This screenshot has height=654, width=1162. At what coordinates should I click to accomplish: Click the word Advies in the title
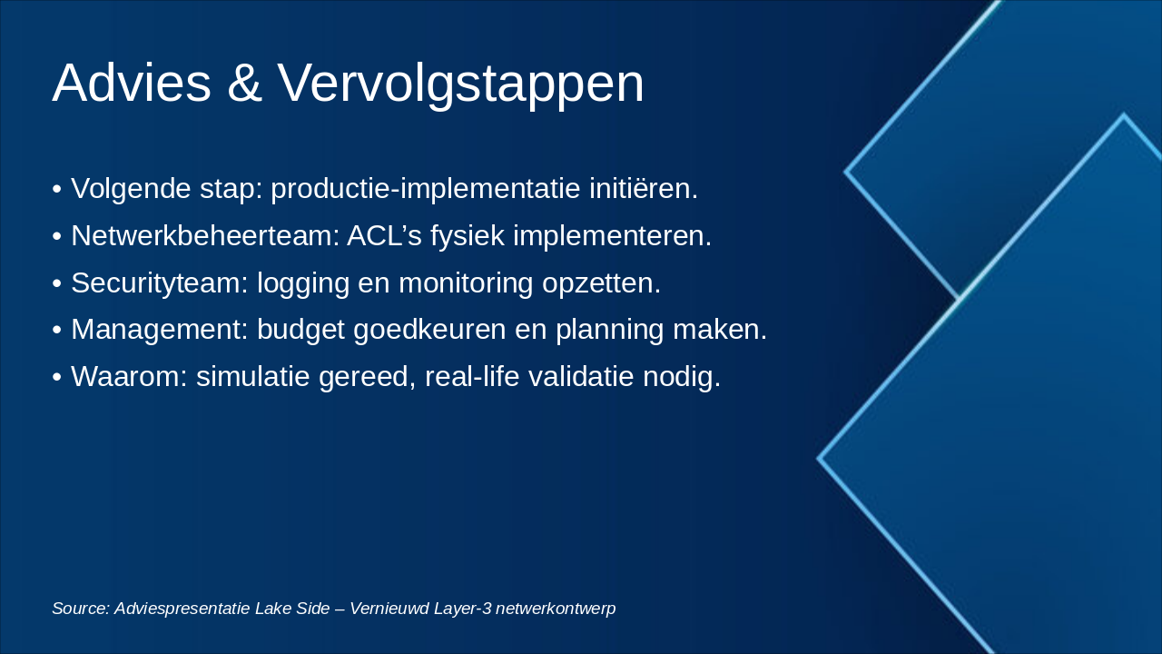(x=132, y=83)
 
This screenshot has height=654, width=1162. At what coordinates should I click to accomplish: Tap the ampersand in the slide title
(x=244, y=83)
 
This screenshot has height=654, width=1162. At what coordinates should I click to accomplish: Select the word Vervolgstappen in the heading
(x=460, y=85)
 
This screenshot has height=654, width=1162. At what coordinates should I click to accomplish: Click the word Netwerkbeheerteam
(x=205, y=235)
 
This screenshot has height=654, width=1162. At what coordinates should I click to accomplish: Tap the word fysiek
(x=468, y=237)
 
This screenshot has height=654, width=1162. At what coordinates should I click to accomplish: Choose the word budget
(x=300, y=331)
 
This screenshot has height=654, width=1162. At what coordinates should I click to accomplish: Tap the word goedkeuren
(x=429, y=331)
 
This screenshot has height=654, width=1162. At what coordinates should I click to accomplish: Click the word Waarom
(x=129, y=376)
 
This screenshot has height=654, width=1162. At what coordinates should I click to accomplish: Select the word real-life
(x=472, y=376)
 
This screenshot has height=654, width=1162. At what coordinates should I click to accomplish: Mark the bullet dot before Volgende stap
(x=57, y=189)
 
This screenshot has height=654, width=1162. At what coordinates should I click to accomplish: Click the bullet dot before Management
(x=57, y=331)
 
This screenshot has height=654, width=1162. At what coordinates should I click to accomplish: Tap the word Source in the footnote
(x=81, y=609)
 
